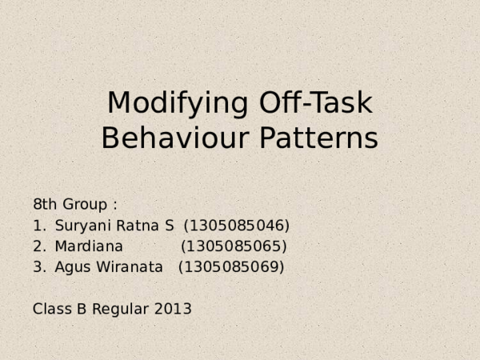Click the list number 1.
[x=38, y=225]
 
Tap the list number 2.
[x=38, y=246]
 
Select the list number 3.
[x=38, y=266]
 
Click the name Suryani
[x=82, y=225]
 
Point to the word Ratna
[x=134, y=225]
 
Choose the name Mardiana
[x=89, y=246]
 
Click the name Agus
[x=71, y=266]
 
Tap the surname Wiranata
[x=128, y=266]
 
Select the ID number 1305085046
[x=237, y=225]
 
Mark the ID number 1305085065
[x=234, y=246]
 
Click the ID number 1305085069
[x=230, y=266]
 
